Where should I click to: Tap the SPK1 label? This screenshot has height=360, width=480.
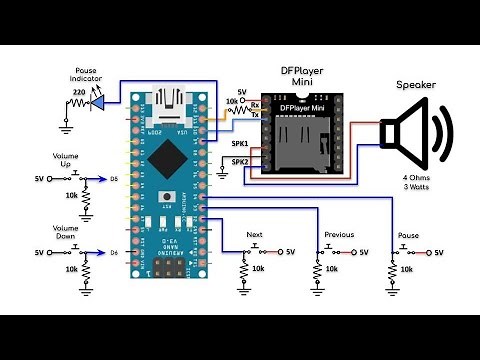tap(241, 143)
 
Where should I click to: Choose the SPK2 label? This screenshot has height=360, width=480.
tap(241, 161)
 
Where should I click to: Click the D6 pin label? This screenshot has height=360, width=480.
tap(115, 251)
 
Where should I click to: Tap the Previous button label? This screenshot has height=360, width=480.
tap(339, 235)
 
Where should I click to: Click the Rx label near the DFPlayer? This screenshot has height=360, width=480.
tap(255, 104)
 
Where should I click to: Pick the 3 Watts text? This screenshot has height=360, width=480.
tap(411, 188)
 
